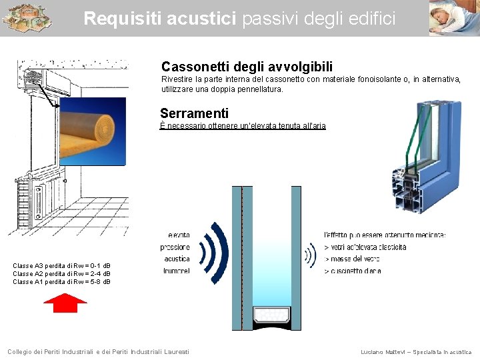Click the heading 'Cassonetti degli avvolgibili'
coord(247,67)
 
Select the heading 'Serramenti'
coord(194,113)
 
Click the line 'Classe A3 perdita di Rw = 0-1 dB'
coord(62,265)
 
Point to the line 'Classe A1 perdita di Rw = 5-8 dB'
coord(62,281)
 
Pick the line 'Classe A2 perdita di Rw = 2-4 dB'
coord(62,273)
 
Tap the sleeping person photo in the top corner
coord(453,18)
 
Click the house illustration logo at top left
coord(26,18)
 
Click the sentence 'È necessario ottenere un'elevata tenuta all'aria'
coord(243,126)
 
